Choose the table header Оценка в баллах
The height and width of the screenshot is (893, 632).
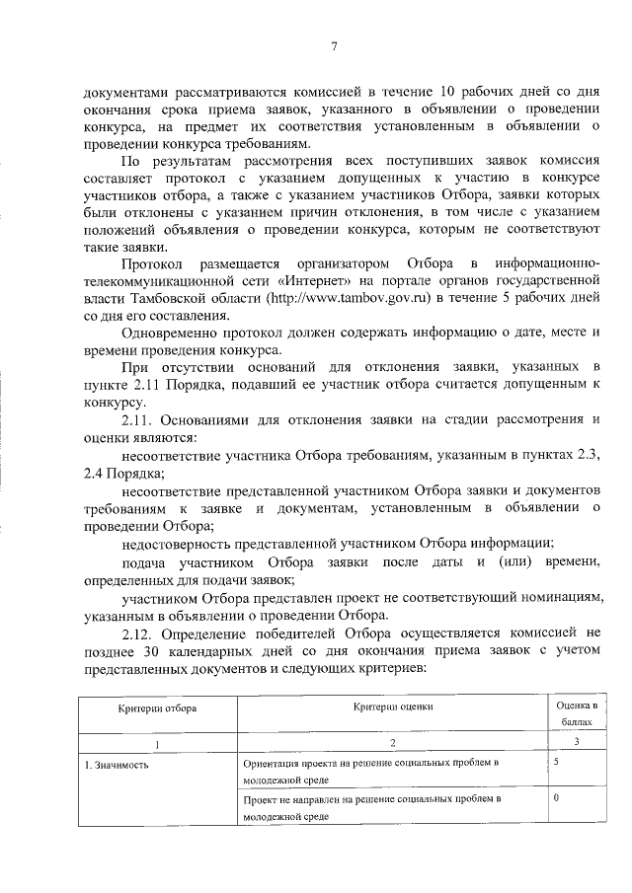click(576, 714)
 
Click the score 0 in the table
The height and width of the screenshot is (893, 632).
click(557, 796)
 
